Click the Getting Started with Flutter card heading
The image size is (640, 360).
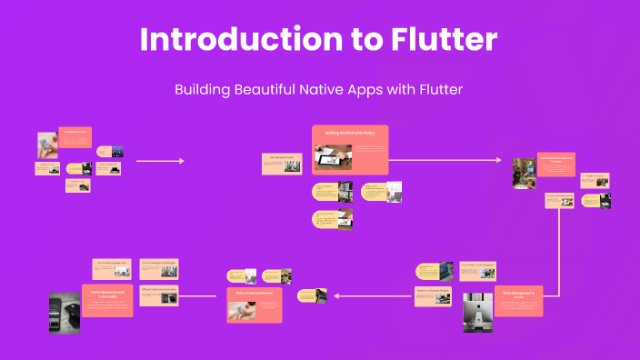[350, 133]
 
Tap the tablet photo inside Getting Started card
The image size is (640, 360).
[332, 157]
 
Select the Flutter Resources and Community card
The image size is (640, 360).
[107, 300]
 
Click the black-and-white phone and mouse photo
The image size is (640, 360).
[65, 315]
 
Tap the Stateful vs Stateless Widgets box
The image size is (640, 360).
[434, 293]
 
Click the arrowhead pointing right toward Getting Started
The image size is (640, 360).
[181, 161]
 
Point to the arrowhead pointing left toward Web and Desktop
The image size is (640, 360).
[338, 295]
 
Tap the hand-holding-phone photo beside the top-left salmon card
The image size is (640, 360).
[48, 145]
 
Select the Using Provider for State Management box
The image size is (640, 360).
[477, 266]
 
